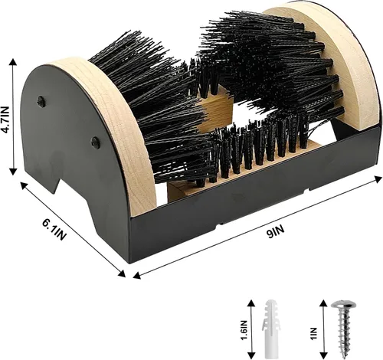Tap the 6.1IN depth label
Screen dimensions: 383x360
54,230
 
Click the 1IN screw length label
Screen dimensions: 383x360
313,333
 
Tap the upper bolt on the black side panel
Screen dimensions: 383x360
41,101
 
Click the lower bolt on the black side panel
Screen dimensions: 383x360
96,142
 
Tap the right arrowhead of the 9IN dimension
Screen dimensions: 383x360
378,179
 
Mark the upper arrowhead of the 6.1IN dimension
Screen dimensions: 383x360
25,186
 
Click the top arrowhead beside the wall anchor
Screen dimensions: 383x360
251,304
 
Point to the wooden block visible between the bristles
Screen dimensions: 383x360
216,109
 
